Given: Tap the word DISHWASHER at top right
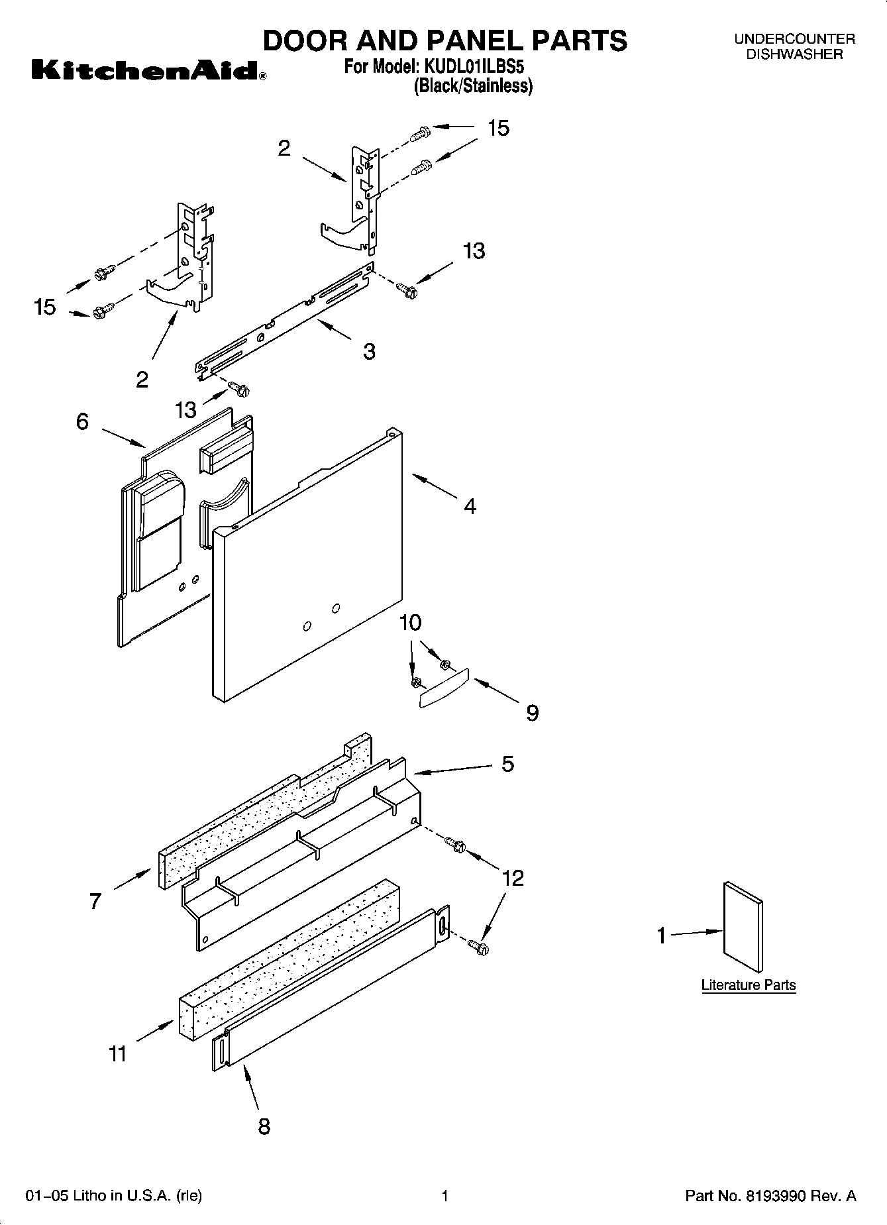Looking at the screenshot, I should pyautogui.click(x=794, y=54).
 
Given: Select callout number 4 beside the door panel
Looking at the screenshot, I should pyautogui.click(x=470, y=506).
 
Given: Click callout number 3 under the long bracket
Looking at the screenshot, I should pyautogui.click(x=369, y=350).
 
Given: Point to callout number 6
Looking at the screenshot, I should pyautogui.click(x=82, y=421).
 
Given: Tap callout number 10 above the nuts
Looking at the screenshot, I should pyautogui.click(x=411, y=623).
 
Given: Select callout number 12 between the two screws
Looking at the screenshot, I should pyautogui.click(x=513, y=878).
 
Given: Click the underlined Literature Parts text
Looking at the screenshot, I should pyautogui.click(x=749, y=985).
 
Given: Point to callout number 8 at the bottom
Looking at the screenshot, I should pyautogui.click(x=264, y=1126).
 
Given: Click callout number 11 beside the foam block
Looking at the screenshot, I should pyautogui.click(x=117, y=1053).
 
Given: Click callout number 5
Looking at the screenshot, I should pyautogui.click(x=507, y=764).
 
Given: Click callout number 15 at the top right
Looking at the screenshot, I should pyautogui.click(x=498, y=128).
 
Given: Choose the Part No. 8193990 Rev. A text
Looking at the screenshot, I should pyautogui.click(x=770, y=1196).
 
